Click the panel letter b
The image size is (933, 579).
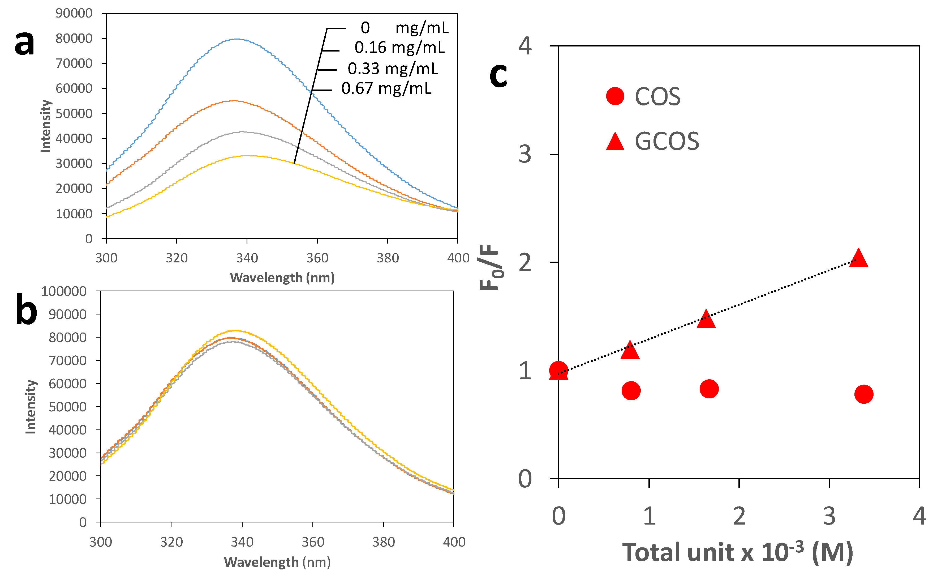(x=26, y=309)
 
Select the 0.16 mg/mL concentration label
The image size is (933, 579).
(x=399, y=48)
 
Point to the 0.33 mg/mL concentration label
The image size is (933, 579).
(x=393, y=69)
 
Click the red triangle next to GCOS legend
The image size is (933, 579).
(x=615, y=142)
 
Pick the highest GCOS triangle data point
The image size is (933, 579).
(x=858, y=258)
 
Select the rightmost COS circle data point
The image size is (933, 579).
(x=864, y=394)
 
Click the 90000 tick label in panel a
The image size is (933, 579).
(x=74, y=13)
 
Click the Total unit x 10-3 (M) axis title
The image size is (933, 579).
(x=737, y=552)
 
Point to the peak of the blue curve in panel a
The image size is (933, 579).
(x=237, y=39)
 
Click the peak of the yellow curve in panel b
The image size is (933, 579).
(x=235, y=330)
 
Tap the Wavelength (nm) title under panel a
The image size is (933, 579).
(x=282, y=277)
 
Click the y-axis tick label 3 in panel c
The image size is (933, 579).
(x=525, y=154)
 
